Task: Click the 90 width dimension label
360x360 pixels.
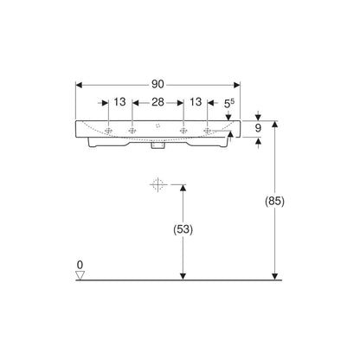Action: click(x=157, y=84)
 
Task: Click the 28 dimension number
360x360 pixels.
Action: click(x=157, y=102)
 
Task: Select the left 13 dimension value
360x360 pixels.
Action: click(x=119, y=101)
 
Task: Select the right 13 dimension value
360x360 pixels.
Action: click(x=196, y=101)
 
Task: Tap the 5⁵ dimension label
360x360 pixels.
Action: click(x=229, y=103)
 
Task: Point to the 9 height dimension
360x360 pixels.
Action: click(x=258, y=128)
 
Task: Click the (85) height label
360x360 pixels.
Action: click(x=274, y=201)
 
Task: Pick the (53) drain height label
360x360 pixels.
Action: click(x=183, y=229)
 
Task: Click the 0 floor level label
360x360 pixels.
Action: click(x=80, y=265)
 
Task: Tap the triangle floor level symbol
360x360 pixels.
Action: click(x=80, y=275)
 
